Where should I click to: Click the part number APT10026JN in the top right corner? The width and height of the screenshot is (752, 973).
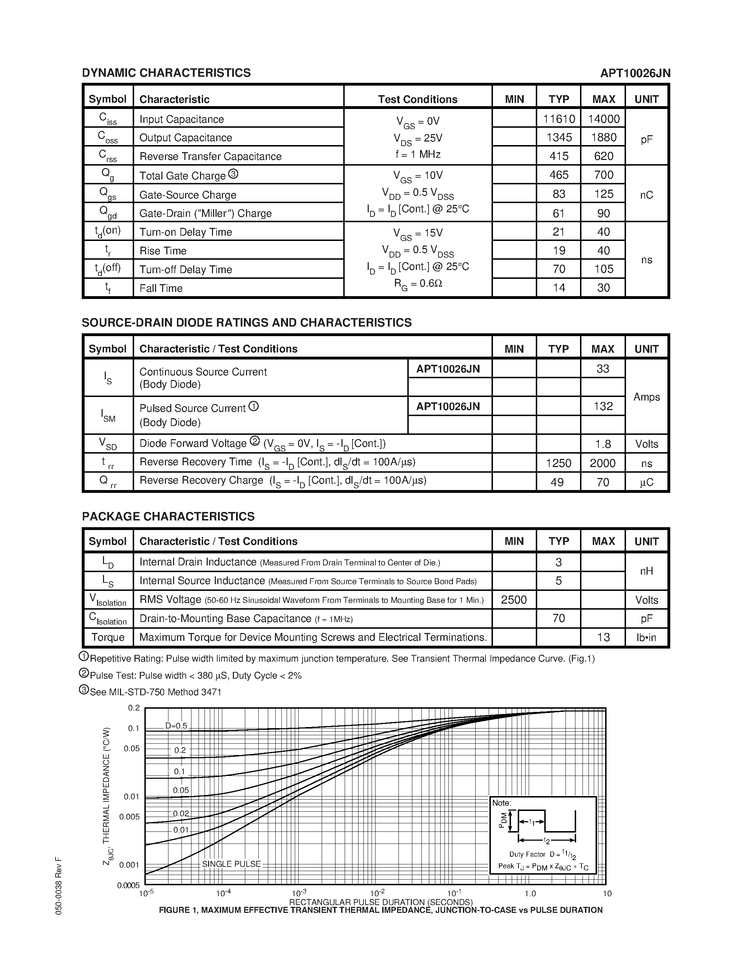(x=635, y=73)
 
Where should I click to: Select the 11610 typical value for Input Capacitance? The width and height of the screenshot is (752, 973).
(x=559, y=119)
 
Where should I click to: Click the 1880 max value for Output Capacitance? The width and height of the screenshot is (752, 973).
(x=603, y=137)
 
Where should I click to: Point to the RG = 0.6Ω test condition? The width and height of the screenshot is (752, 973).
(x=418, y=284)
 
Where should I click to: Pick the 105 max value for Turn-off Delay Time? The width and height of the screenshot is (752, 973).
(x=603, y=269)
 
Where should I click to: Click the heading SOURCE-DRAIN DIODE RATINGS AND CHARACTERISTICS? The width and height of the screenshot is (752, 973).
(x=246, y=323)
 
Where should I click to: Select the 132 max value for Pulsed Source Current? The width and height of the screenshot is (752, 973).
(x=603, y=406)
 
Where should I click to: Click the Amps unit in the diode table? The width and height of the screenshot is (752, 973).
(x=647, y=397)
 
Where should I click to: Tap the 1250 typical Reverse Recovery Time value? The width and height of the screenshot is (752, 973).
(x=558, y=464)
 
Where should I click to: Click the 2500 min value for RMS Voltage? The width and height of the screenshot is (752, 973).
(x=513, y=600)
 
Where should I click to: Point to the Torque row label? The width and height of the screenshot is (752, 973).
(x=108, y=637)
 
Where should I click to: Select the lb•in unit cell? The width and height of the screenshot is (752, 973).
(x=647, y=637)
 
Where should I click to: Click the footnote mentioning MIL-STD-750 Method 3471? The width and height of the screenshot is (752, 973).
(x=155, y=692)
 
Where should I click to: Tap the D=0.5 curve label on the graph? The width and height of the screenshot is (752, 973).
(x=177, y=726)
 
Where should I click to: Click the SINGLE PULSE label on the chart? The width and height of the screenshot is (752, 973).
(x=231, y=864)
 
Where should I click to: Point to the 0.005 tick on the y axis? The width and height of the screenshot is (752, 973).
(x=129, y=817)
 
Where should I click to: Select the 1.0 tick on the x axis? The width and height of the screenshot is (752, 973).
(x=530, y=893)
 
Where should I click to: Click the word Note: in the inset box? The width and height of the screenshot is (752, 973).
(x=502, y=803)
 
